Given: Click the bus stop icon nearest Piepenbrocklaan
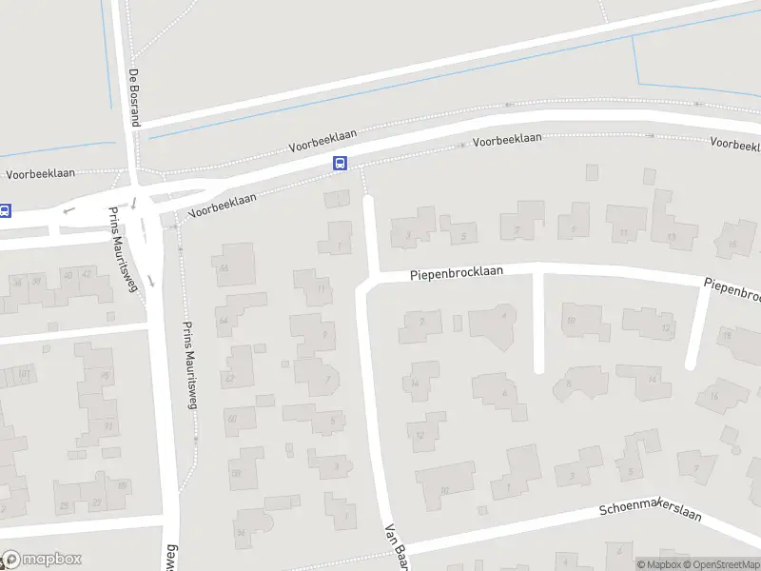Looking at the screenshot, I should [340, 163].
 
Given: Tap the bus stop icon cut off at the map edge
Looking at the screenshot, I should [5, 211].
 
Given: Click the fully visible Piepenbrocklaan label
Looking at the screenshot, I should [469, 273].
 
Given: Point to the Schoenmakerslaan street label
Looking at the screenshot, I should [650, 511].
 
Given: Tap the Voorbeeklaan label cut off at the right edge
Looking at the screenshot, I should [735, 144].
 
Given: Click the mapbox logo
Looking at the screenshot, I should [42, 559].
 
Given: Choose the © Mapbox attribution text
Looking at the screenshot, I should [660, 564].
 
